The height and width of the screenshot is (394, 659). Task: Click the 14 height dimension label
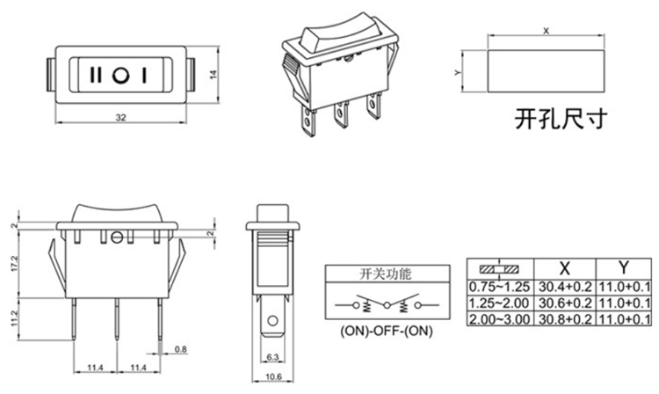coord(213,76)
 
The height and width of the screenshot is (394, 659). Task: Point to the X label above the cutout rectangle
coord(547,31)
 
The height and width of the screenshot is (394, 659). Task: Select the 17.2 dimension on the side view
coord(12,262)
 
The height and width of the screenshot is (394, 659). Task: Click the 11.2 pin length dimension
coord(12,314)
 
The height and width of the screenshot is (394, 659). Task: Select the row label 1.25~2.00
coord(499,303)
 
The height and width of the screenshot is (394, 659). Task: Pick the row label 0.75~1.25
coord(499,287)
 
